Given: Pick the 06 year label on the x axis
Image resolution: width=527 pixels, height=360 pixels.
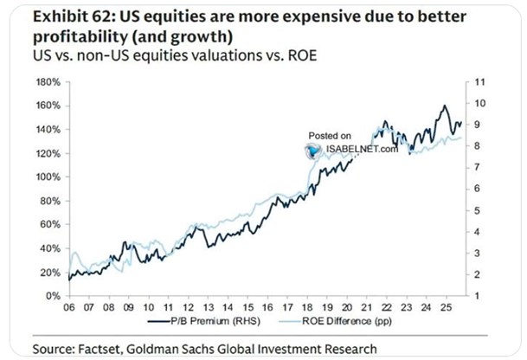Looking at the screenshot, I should pos(67,306).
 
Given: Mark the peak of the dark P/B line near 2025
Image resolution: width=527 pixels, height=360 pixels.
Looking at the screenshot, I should pos(444,106).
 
